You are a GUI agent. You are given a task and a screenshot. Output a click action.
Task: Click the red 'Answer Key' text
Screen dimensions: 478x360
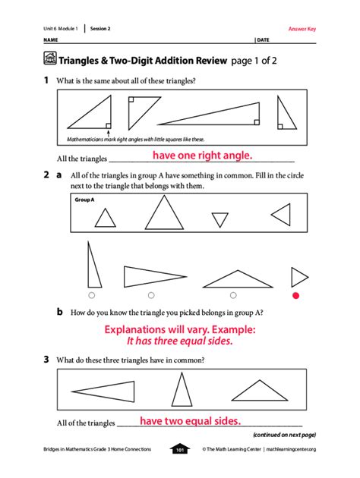pyautogui.click(x=302, y=29)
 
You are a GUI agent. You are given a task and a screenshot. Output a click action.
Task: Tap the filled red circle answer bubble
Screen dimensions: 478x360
pyautogui.click(x=297, y=295)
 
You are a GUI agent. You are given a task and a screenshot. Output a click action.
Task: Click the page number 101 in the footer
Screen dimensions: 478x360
pyautogui.click(x=180, y=449)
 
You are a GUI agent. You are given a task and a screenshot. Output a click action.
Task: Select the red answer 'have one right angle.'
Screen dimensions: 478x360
pyautogui.click(x=202, y=156)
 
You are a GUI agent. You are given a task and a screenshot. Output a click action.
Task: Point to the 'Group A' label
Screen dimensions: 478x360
pyautogui.click(x=84, y=200)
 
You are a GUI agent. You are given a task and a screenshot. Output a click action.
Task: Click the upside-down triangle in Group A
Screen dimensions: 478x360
pyautogui.click(x=219, y=220)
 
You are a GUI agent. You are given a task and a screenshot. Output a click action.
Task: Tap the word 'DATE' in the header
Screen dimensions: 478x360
pyautogui.click(x=264, y=39)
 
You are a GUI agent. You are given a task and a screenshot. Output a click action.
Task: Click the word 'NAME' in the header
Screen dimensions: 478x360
pyautogui.click(x=50, y=39)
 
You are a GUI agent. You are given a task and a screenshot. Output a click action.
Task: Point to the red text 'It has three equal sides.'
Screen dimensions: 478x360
pyautogui.click(x=180, y=341)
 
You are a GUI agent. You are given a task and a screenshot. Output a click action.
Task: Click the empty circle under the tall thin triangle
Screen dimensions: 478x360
pyautogui.click(x=91, y=295)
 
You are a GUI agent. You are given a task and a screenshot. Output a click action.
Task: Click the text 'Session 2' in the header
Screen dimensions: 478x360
pyautogui.click(x=101, y=29)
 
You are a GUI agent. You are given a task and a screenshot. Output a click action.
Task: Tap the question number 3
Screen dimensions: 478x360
pyautogui.click(x=46, y=360)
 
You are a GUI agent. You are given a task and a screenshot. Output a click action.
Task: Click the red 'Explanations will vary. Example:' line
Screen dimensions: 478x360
pyautogui.click(x=180, y=329)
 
